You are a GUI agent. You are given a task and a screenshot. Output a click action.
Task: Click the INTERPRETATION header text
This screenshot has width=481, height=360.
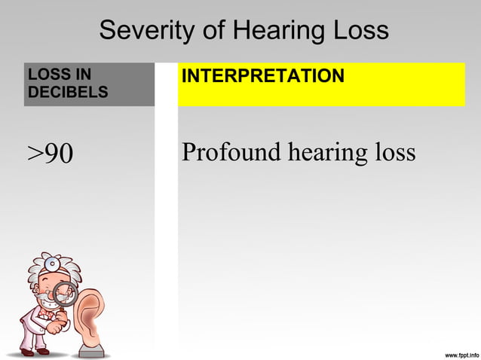pyautogui.click(x=263, y=76)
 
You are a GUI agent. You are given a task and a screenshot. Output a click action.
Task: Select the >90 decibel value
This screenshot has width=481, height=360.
pyautogui.click(x=51, y=153)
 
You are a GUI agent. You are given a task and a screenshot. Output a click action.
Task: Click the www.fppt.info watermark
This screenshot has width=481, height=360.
pyautogui.click(x=453, y=352)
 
